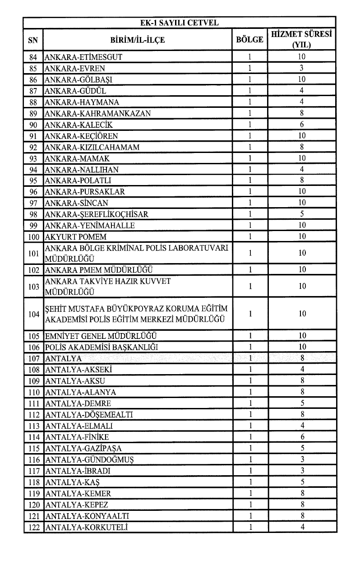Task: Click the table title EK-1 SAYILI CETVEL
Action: tap(180, 22)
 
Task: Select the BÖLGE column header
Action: tap(249, 40)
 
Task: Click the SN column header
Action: tap(33, 40)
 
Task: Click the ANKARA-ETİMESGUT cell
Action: tap(83, 57)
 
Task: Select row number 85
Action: tap(33, 69)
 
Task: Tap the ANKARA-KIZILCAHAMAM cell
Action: tap(92, 147)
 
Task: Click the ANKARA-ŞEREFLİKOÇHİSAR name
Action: tap(97, 214)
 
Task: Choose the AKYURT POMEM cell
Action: tap(75, 237)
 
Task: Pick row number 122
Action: tap(33, 527)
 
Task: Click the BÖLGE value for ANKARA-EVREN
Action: tap(249, 69)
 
